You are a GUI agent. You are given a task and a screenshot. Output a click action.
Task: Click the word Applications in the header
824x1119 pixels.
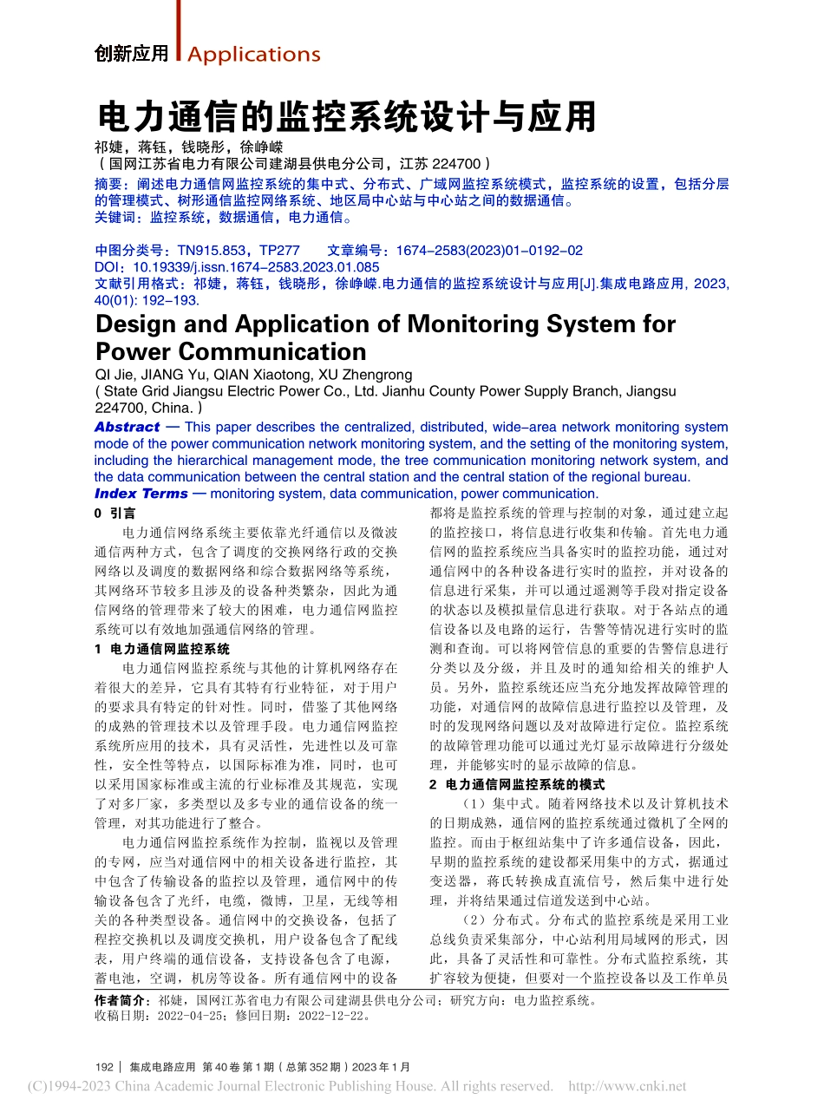click(253, 55)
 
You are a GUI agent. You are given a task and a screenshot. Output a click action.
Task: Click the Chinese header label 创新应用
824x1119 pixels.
click(132, 54)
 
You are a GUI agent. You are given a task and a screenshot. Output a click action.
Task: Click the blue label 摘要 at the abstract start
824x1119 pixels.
click(108, 184)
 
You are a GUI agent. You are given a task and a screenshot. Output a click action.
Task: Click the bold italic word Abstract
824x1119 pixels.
click(127, 427)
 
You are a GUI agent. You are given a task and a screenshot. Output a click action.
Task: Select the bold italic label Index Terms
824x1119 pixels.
click(141, 494)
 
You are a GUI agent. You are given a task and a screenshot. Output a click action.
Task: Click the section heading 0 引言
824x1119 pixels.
click(114, 514)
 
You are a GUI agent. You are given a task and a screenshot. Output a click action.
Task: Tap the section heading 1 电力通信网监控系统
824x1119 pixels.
click(162, 649)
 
